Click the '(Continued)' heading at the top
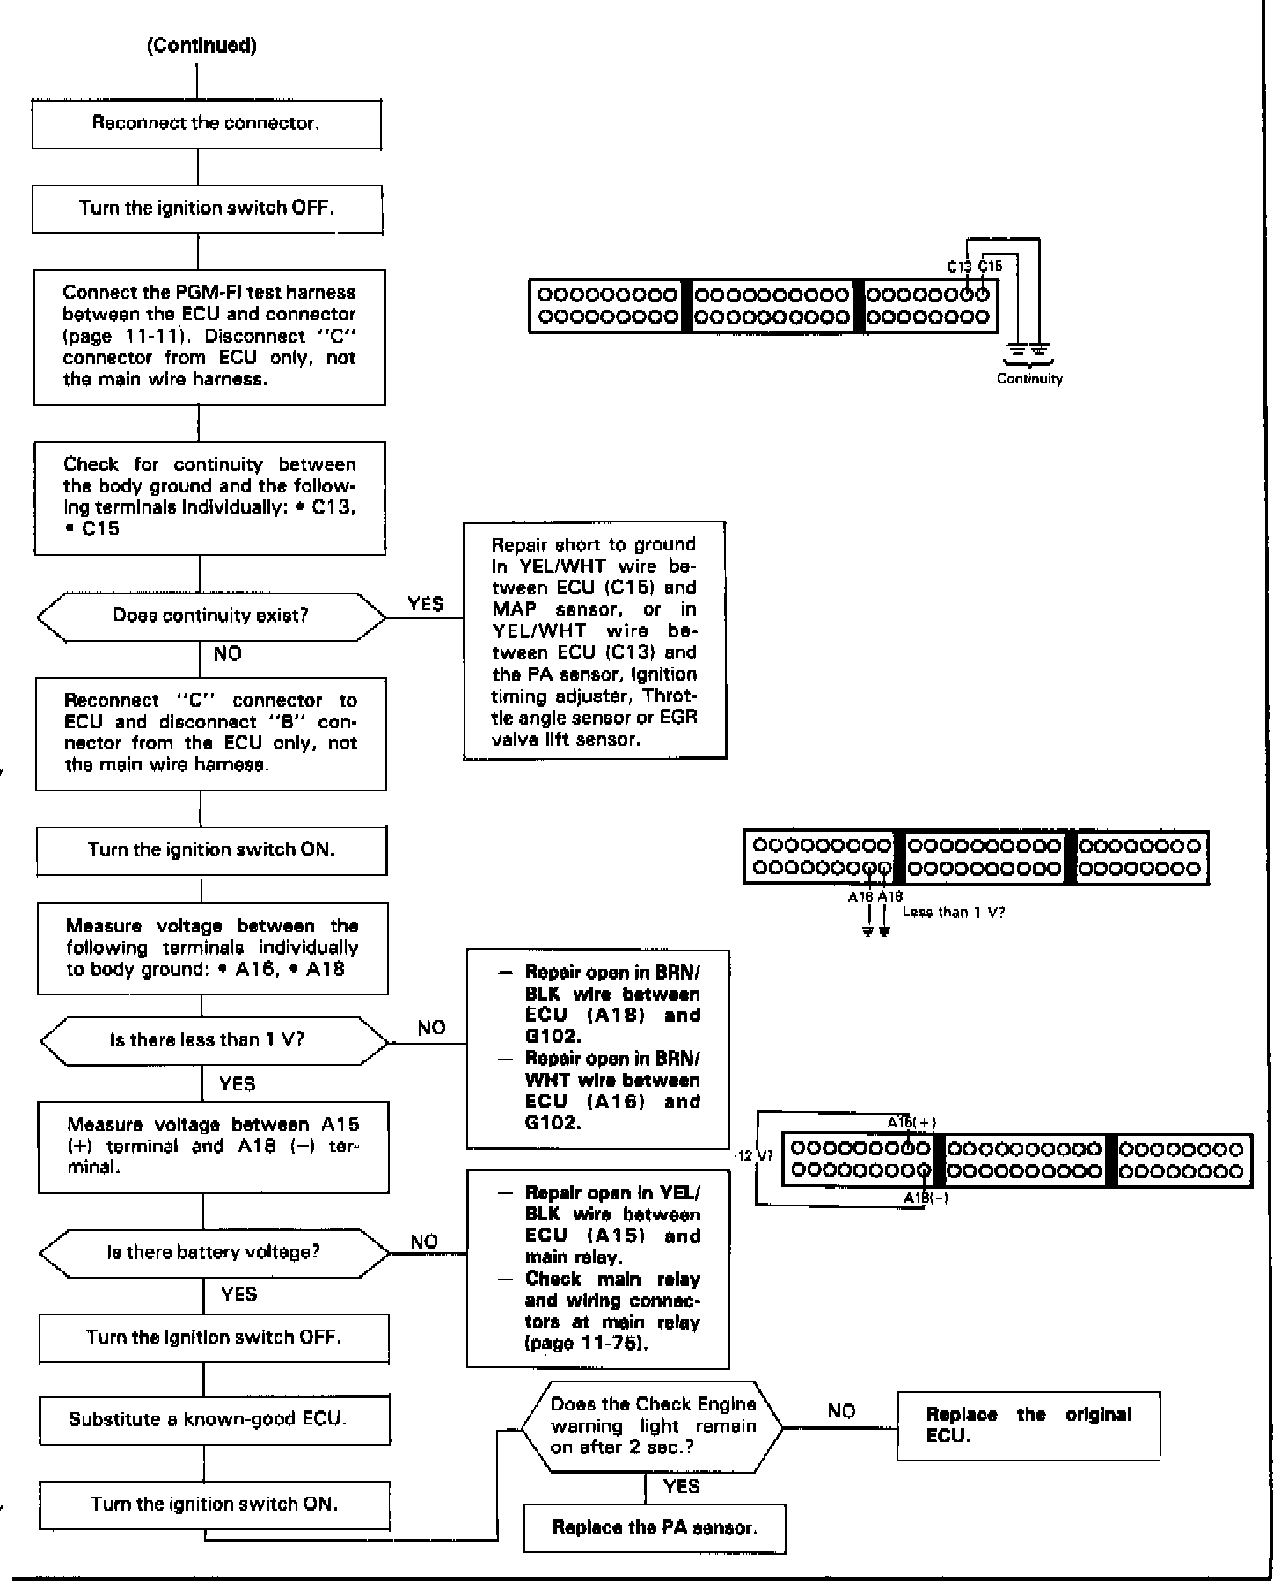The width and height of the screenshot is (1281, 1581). pyautogui.click(x=201, y=46)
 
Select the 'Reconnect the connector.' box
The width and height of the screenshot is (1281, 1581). pyautogui.click(x=206, y=124)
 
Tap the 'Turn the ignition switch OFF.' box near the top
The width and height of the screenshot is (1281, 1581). pyautogui.click(x=207, y=208)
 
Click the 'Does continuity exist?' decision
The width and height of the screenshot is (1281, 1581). pyautogui.click(x=210, y=616)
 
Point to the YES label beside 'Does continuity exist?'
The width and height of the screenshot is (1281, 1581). pyautogui.click(x=426, y=604)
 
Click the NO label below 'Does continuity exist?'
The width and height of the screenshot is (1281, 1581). pyautogui.click(x=227, y=654)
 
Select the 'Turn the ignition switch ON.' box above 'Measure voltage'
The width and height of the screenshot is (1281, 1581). pyautogui.click(x=211, y=850)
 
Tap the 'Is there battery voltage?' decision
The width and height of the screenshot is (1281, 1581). pyautogui.click(x=214, y=1251)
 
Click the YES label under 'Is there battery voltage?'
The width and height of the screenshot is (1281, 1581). pyautogui.click(x=239, y=1293)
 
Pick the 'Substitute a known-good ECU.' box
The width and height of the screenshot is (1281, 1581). pyautogui.click(x=214, y=1419)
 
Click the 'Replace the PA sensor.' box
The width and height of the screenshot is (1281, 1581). pyautogui.click(x=654, y=1527)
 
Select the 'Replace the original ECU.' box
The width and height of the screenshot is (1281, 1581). pyautogui.click(x=1028, y=1424)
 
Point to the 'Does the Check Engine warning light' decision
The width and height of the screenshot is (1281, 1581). pyautogui.click(x=652, y=1425)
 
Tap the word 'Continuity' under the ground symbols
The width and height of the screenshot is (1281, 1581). pyautogui.click(x=1029, y=379)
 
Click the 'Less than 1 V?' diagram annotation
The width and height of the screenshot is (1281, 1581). pyautogui.click(x=953, y=912)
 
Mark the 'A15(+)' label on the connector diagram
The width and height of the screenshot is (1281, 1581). pyautogui.click(x=911, y=1122)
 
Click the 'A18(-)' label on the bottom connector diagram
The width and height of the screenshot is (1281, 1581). pyautogui.click(x=926, y=1198)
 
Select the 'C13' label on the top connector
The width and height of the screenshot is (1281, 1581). pyautogui.click(x=959, y=266)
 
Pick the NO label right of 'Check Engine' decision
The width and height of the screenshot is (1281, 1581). pyautogui.click(x=841, y=1411)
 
